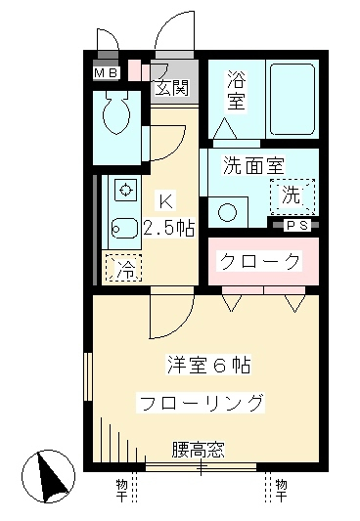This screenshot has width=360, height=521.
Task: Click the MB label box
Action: [106, 72]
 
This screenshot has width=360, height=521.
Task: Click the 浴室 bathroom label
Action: [237, 91]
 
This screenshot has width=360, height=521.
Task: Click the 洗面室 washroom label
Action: [249, 165]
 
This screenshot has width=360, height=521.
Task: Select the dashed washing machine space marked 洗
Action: [292, 195]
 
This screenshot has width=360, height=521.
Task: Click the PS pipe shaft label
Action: [297, 225]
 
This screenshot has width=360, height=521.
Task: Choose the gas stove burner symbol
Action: [125, 188]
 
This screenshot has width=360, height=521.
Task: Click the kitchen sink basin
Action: [124, 228]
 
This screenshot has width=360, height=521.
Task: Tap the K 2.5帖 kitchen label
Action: [167, 217]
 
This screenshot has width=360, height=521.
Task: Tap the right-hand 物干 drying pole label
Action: [281, 485]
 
